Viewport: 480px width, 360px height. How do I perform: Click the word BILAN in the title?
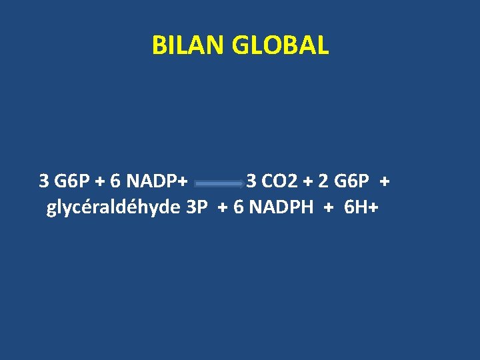[x=189, y=45]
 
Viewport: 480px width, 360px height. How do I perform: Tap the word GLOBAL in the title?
[x=281, y=45]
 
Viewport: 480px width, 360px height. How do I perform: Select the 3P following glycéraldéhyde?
[x=197, y=207]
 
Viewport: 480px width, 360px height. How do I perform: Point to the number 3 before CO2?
[x=251, y=181]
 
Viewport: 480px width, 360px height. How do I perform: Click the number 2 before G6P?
[x=323, y=181]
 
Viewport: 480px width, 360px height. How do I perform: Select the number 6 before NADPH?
[x=237, y=207]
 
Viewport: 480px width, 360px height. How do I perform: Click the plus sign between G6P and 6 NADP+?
[x=100, y=181]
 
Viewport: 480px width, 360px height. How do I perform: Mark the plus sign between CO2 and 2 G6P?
[x=309, y=181]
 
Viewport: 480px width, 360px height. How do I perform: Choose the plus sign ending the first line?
[x=385, y=181]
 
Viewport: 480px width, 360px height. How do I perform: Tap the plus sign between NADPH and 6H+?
[x=327, y=208]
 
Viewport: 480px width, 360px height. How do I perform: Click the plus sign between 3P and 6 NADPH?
[x=221, y=208]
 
